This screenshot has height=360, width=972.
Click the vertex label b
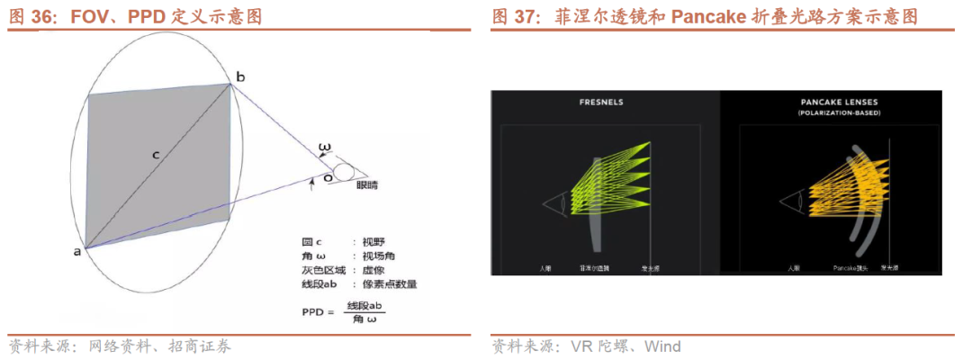[x=240, y=76]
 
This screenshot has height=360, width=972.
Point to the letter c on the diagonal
[x=156, y=156]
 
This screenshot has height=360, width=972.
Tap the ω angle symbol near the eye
[x=325, y=146]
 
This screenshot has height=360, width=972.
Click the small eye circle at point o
[x=342, y=171]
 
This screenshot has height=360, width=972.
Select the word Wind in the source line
[x=662, y=346]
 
